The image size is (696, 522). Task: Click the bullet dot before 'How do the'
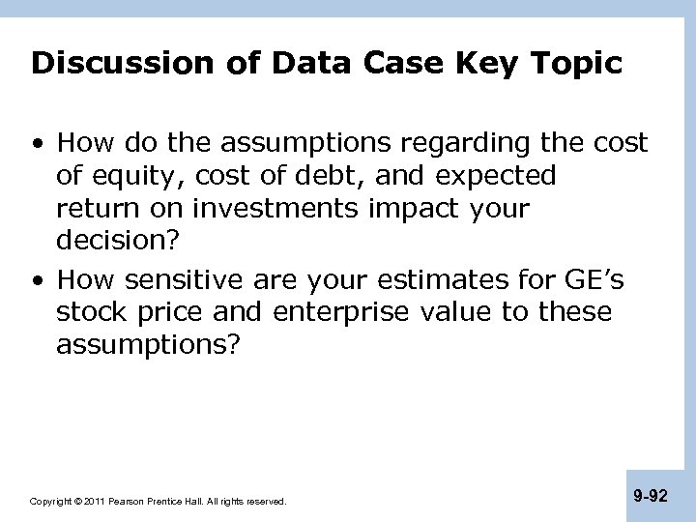pyautogui.click(x=39, y=145)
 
